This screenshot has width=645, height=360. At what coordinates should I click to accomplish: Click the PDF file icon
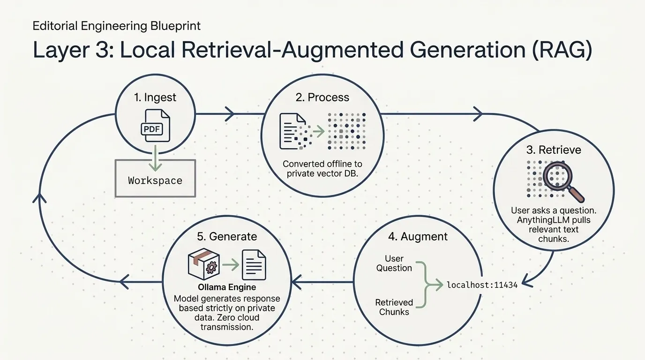[x=156, y=126]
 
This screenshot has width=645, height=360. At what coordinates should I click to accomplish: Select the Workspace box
[x=155, y=179]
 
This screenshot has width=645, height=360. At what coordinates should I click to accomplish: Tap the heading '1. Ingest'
[x=155, y=97]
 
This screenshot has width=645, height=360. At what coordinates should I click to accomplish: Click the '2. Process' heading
[x=322, y=97]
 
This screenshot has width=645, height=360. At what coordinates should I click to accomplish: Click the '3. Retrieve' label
[x=554, y=150]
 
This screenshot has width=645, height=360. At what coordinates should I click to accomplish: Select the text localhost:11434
[x=482, y=285]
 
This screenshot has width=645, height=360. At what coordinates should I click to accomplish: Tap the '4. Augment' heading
[x=418, y=236]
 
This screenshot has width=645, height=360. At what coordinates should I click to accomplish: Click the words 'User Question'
[x=394, y=263]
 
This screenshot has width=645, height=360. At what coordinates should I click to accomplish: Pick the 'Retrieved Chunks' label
[x=394, y=307]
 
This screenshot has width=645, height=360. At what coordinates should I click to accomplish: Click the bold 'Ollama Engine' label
[x=227, y=287]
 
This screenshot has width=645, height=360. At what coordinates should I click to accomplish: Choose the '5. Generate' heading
[x=227, y=236]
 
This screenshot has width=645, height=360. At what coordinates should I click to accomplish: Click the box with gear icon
[x=204, y=264]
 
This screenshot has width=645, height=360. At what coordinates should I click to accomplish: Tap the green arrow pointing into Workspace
[x=156, y=158]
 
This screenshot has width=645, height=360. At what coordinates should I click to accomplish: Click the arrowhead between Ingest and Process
[x=230, y=114]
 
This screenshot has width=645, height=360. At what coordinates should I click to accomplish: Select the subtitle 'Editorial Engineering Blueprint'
[x=116, y=26]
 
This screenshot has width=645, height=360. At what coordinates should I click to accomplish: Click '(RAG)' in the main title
[x=562, y=50]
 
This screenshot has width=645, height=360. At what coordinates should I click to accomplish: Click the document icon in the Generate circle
[x=254, y=265]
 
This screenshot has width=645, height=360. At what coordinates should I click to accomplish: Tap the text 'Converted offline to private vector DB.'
[x=322, y=168]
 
